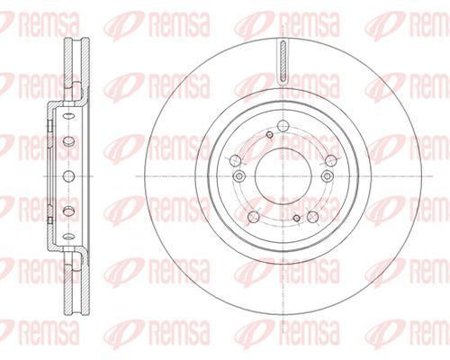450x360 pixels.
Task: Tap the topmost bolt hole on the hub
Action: pos(283,125)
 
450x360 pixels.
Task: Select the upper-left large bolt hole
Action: pos(235,160)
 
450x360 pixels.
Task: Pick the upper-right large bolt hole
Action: pos(330,160)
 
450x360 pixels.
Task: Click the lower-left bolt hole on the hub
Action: pos(254,216)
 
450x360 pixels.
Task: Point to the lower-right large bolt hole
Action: pos(312,216)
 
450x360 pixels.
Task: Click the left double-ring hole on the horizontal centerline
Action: pos(238,176)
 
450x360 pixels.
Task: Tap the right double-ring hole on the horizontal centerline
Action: pos(327,176)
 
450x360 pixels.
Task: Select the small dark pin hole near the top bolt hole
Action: pos(270,135)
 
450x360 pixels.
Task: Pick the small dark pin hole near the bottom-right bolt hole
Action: pos(297,218)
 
